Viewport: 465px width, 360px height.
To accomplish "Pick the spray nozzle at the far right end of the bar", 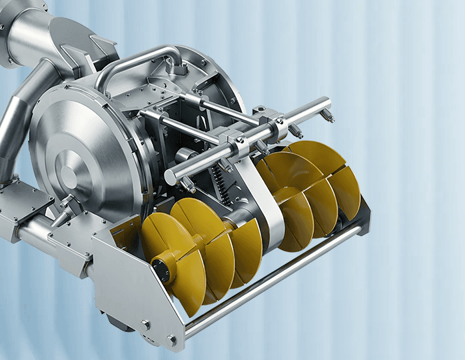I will (326, 117).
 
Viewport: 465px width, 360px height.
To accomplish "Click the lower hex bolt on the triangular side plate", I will (172, 340).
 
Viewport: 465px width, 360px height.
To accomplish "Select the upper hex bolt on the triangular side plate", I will (145, 325).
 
